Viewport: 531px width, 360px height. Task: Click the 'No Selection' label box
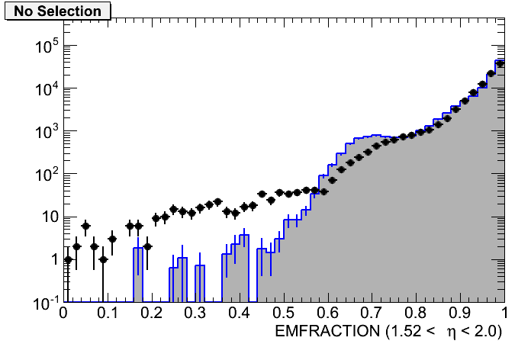pos(57,11)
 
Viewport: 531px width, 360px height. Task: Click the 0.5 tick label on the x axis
pos(284,314)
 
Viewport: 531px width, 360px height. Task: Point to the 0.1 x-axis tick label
pos(108,314)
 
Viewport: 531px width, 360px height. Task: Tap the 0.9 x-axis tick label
pos(460,314)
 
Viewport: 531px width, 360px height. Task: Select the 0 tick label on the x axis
pos(63,314)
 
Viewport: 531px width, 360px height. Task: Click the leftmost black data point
pos(68,259)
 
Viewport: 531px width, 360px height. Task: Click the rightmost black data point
pos(500,64)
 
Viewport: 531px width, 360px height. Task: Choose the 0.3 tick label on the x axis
pos(196,314)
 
